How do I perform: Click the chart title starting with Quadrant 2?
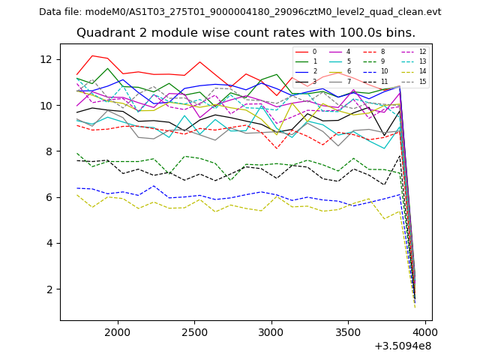point(246,33)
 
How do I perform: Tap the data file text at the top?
point(240,12)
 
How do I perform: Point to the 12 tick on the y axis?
point(46,59)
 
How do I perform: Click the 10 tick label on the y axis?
point(46,106)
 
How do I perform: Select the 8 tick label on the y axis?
point(49,151)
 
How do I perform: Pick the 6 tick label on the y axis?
point(49,197)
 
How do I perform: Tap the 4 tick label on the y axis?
point(49,243)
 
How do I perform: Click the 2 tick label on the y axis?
point(49,289)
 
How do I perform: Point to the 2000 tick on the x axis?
point(118,331)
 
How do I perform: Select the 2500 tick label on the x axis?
point(195,331)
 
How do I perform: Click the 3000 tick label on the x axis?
point(271,331)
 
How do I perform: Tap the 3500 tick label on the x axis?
point(348,331)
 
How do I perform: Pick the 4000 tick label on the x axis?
point(424,331)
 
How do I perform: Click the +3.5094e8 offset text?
point(403,346)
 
